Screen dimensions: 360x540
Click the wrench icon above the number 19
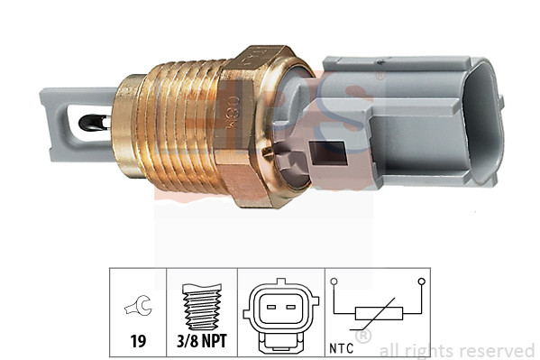[x=139, y=308]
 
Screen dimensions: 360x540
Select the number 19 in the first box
[x=139, y=342]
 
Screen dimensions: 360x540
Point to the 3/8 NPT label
[x=204, y=342]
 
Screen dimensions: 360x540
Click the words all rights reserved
[x=456, y=350]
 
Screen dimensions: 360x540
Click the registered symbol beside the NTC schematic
[x=362, y=337]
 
